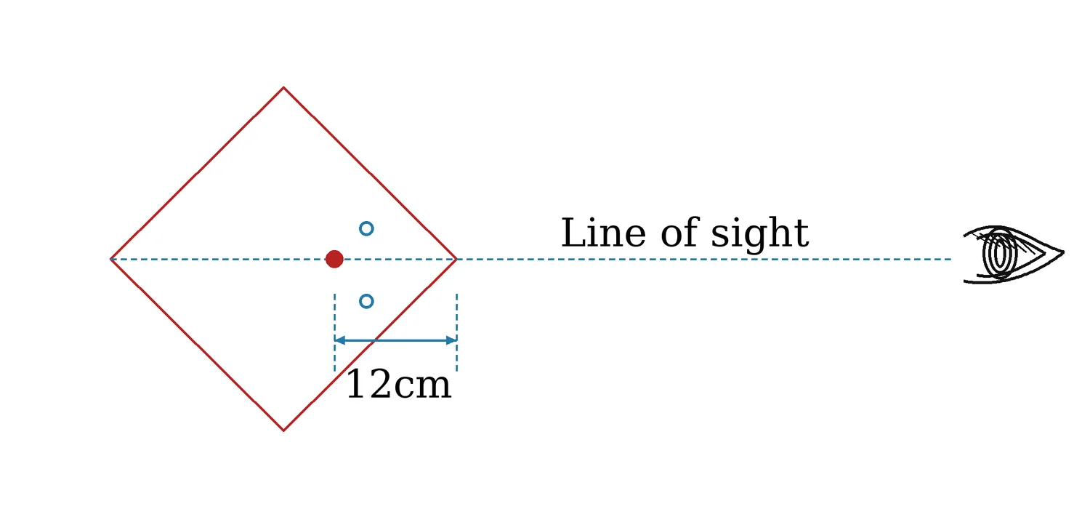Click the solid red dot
tap(334, 259)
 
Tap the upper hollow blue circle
tap(366, 228)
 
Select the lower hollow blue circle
tap(366, 302)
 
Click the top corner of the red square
tap(283, 88)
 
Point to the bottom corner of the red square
tap(283, 430)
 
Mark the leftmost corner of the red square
tap(111, 259)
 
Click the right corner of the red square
tap(456, 259)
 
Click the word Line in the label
tap(603, 233)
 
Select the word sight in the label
tap(759, 234)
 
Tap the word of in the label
tap(678, 233)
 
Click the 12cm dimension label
tap(398, 385)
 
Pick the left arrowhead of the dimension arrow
tap(339, 340)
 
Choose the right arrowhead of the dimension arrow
tap(451, 340)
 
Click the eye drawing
tap(1013, 254)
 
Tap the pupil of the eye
tap(1000, 254)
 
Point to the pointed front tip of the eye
tap(1064, 252)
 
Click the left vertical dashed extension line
tap(334, 332)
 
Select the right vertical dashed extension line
tap(456, 332)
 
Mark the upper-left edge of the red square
tap(197, 173)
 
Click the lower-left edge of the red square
tap(197, 345)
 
